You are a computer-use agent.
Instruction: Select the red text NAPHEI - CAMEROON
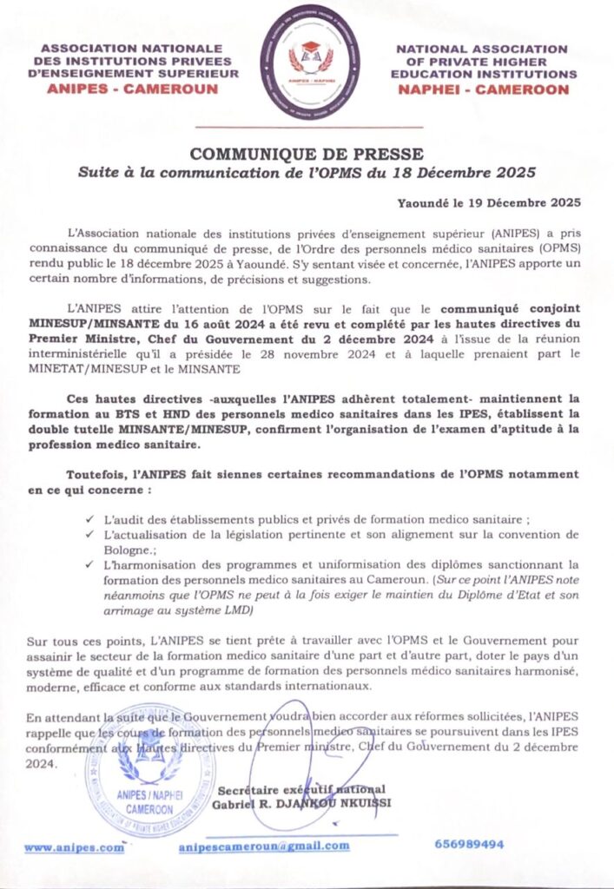(x=483, y=89)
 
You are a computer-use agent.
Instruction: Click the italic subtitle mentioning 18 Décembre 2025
(x=307, y=172)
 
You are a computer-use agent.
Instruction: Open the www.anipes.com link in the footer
(x=75, y=847)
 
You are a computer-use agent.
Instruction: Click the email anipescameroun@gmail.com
(x=264, y=846)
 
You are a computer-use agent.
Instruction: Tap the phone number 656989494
(x=468, y=844)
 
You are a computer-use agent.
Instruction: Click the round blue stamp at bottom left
(x=149, y=787)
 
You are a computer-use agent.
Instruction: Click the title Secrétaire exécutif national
(x=300, y=789)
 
